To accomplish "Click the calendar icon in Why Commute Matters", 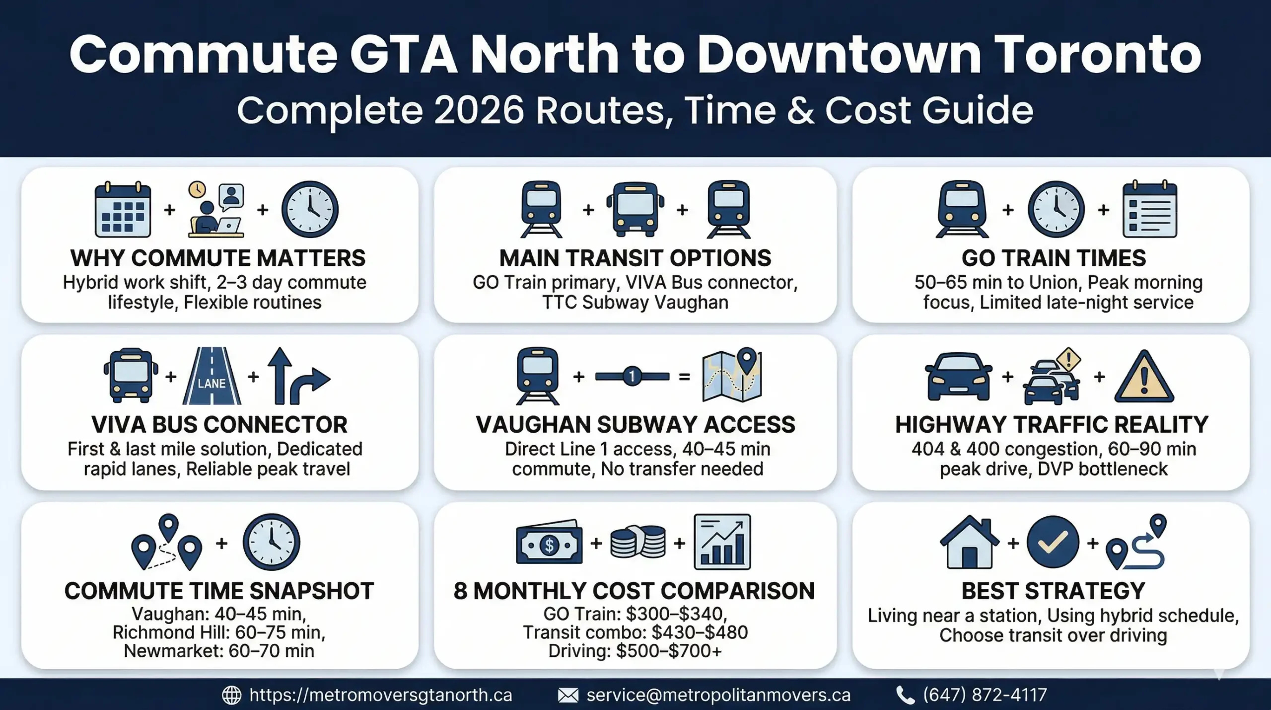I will click(123, 210).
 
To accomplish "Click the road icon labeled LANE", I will click(212, 376).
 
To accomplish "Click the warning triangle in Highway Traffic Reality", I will click(1144, 378).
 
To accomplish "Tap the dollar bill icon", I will click(549, 544).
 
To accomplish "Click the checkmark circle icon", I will click(1053, 542).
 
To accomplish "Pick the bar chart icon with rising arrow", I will click(722, 542).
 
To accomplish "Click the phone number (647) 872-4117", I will click(985, 695).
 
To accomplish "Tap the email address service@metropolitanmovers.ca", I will click(718, 695).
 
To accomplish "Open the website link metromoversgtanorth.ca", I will click(380, 695).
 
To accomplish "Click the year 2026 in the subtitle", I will click(479, 110).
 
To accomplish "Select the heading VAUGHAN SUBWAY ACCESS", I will click(635, 425).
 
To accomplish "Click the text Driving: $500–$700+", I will click(635, 650).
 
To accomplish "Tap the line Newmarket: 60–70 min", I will click(219, 650).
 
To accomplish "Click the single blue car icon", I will click(958, 376).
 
